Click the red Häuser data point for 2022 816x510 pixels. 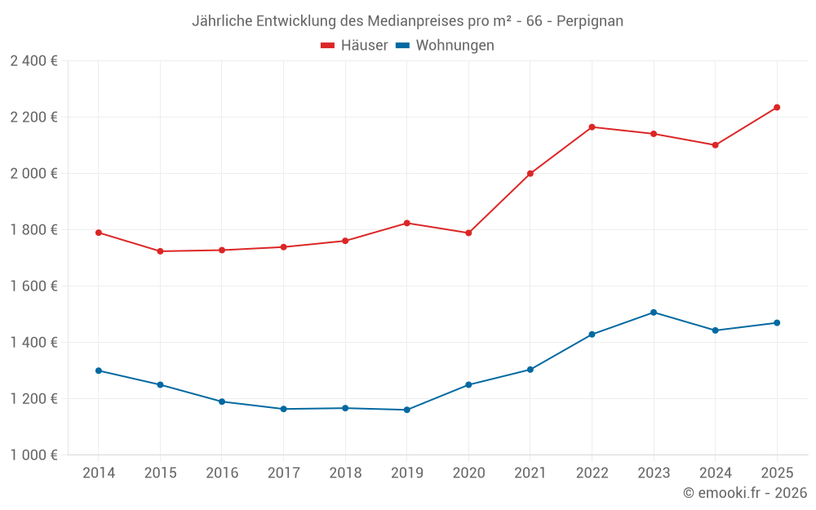click(592, 127)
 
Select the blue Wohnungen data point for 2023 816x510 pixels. click(654, 313)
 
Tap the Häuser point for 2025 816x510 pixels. click(777, 107)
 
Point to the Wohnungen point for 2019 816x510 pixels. click(406, 410)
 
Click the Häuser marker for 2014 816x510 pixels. click(99, 233)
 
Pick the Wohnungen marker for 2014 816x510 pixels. click(99, 370)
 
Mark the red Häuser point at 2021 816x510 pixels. click(530, 174)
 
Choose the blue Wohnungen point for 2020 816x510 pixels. click(468, 384)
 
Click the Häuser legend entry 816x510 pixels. click(354, 46)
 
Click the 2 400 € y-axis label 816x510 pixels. click(33, 61)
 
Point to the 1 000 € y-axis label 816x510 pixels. click(33, 455)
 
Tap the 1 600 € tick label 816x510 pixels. click(33, 286)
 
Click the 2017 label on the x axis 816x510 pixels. click(283, 473)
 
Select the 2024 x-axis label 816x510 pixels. click(715, 473)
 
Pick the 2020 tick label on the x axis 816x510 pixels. click(468, 473)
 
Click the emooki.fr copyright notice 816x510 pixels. click(744, 493)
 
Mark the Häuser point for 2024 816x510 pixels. click(715, 145)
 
